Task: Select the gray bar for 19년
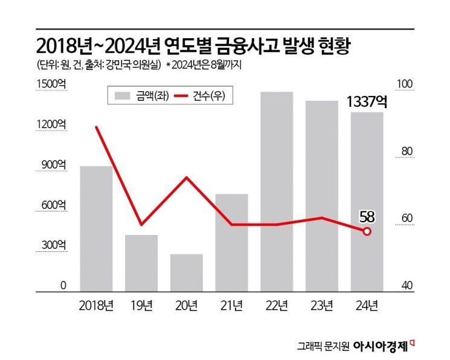coord(141,263)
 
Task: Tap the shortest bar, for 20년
coord(187,272)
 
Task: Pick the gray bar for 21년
coord(231,242)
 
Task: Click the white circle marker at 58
coord(367,231)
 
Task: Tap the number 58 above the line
coord(367,216)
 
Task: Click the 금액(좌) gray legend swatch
coord(123,95)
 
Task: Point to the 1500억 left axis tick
coord(53,84)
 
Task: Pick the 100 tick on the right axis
coord(404,84)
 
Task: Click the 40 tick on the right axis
coord(404,286)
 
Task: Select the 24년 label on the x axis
coord(367,306)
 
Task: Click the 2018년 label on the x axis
coord(97,306)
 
